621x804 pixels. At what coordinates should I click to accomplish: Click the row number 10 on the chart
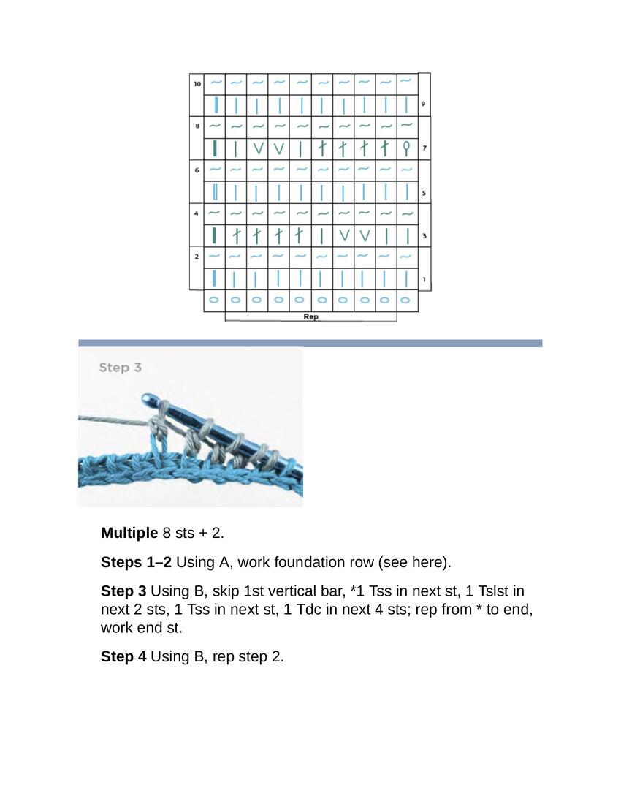click(197, 84)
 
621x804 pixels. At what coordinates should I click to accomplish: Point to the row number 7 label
click(424, 149)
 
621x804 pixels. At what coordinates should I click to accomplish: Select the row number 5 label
click(424, 194)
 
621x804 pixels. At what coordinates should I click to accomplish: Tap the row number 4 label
click(197, 214)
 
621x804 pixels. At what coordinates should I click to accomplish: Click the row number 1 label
click(424, 280)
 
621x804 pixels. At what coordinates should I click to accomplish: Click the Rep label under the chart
click(310, 317)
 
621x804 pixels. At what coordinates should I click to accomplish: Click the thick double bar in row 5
click(215, 193)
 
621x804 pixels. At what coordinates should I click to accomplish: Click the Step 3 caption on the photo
click(120, 368)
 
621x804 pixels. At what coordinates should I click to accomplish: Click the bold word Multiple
click(129, 533)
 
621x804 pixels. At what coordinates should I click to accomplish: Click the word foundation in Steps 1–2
click(319, 562)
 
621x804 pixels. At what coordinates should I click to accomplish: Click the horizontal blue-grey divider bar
click(310, 343)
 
